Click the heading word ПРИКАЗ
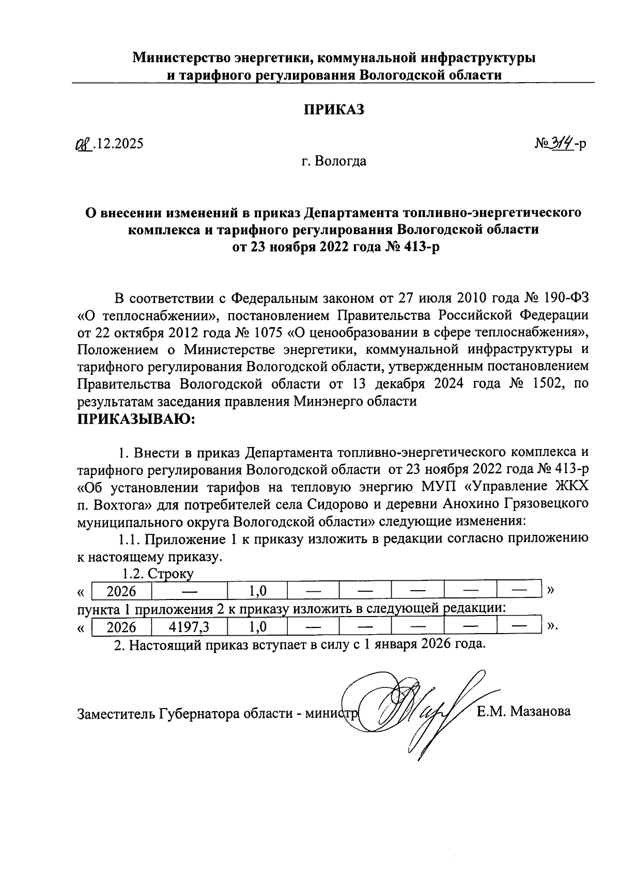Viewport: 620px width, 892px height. (x=333, y=110)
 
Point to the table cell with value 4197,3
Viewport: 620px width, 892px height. (x=189, y=627)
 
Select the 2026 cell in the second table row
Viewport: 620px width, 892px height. (x=121, y=627)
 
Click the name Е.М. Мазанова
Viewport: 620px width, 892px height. (x=523, y=712)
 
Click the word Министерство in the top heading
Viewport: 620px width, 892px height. (x=182, y=57)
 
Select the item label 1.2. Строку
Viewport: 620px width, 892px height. (x=158, y=573)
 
